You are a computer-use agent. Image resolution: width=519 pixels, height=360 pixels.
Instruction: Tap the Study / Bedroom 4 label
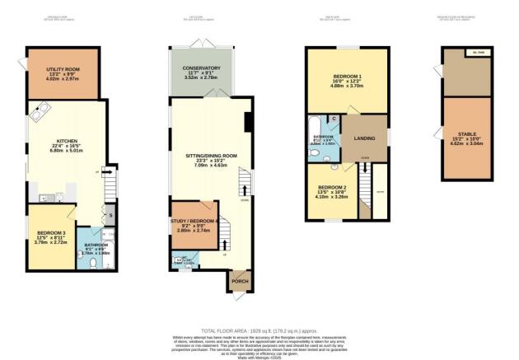click(x=196, y=222)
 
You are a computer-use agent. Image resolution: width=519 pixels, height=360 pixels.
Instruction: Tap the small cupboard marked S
click(x=111, y=215)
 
